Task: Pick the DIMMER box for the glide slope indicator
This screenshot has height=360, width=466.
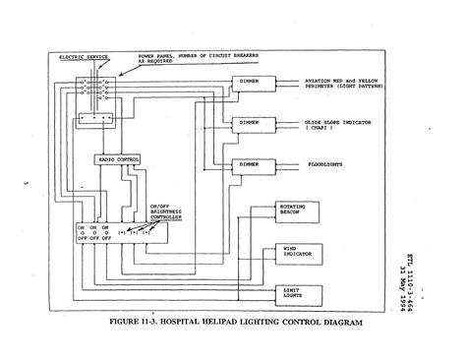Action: [250, 122]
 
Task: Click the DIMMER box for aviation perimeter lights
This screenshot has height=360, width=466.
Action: [250, 81]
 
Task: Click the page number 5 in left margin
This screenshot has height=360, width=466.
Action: [25, 183]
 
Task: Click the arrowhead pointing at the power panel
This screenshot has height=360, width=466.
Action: [122, 72]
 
